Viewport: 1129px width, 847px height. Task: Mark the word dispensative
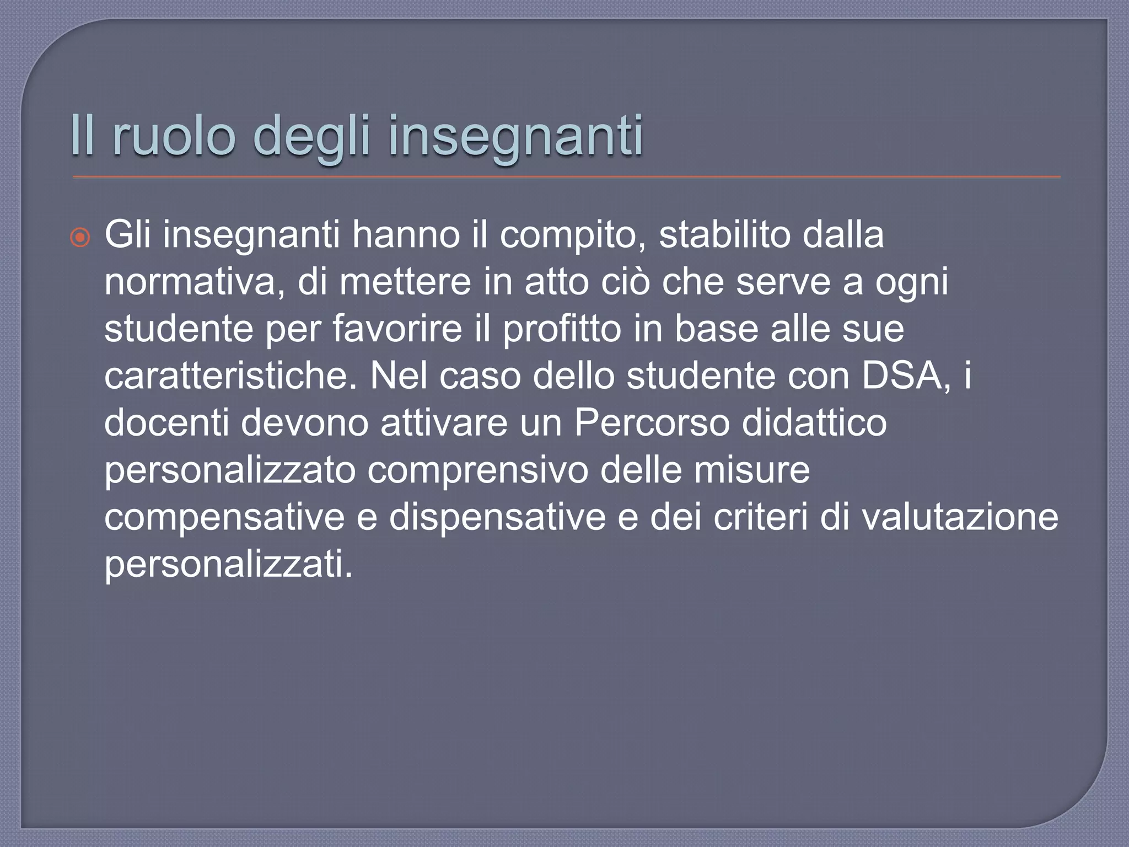point(497,518)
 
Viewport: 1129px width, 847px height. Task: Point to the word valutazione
point(960,517)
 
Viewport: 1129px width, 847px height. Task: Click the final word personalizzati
point(228,565)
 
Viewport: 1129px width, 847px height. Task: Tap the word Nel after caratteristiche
point(399,376)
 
